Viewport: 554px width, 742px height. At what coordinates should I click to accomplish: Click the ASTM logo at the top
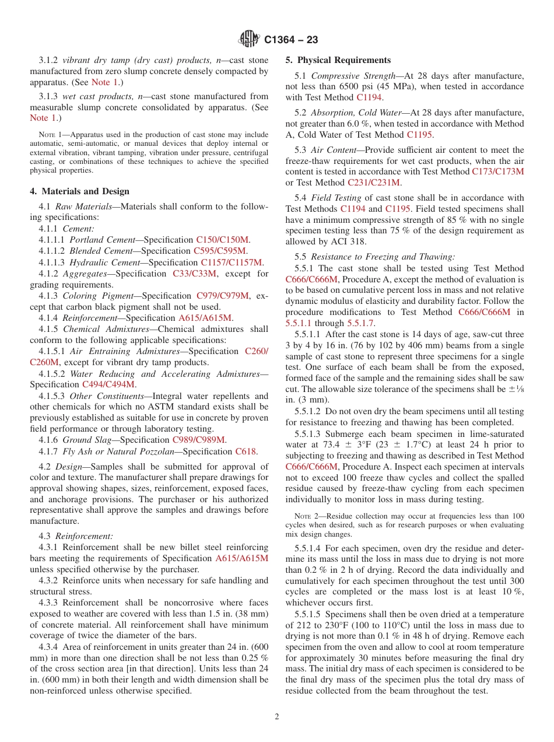[249, 40]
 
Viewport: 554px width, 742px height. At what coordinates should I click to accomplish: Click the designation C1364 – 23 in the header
[291, 40]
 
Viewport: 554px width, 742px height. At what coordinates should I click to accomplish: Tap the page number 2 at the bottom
[277, 717]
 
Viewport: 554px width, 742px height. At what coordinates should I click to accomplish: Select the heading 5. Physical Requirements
[338, 60]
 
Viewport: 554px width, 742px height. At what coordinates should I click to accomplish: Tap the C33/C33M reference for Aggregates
[194, 274]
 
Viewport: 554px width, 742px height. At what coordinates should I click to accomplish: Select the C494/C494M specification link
[108, 384]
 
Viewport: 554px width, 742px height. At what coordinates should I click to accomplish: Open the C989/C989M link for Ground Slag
[199, 440]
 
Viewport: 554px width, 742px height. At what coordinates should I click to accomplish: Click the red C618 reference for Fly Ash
[246, 452]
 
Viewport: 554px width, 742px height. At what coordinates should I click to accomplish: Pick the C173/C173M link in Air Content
[497, 171]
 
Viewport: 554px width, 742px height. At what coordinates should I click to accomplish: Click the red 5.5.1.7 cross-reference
[361, 323]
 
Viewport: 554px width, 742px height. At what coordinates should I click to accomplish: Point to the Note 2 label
[303, 516]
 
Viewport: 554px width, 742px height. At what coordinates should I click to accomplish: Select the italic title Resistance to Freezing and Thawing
[383, 257]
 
